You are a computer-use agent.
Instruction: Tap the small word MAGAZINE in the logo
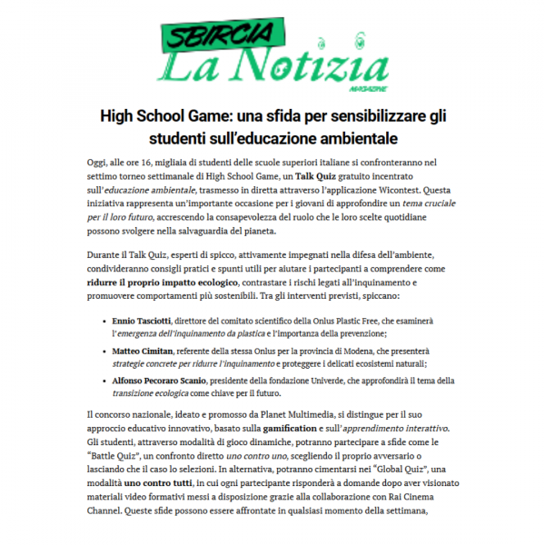click(x=362, y=89)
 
